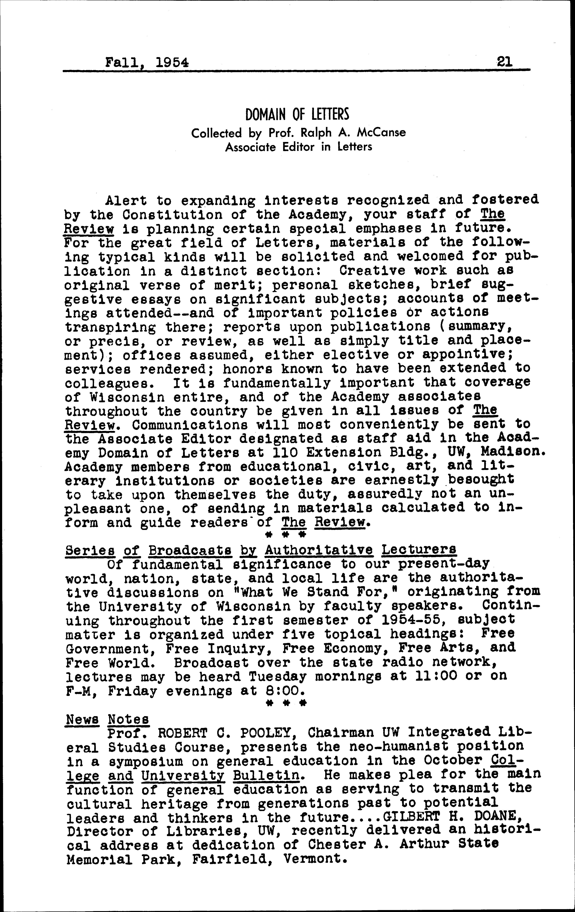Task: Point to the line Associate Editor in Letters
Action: tap(299, 147)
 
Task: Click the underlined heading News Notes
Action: tap(108, 719)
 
